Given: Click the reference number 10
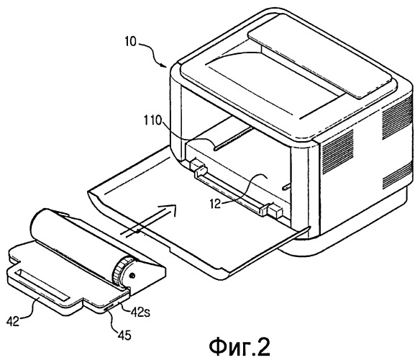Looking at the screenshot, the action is [x=131, y=42].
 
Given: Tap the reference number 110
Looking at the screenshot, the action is [x=153, y=120].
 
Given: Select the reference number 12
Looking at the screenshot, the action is [x=215, y=204].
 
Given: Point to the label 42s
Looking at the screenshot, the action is [x=140, y=312].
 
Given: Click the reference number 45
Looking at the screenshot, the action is [x=125, y=335].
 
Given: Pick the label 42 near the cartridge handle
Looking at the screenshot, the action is [x=13, y=321].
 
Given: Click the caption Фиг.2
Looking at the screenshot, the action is [x=239, y=346].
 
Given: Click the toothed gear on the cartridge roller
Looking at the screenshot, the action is [x=121, y=271].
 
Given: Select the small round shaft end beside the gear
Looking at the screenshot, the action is [x=132, y=275].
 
